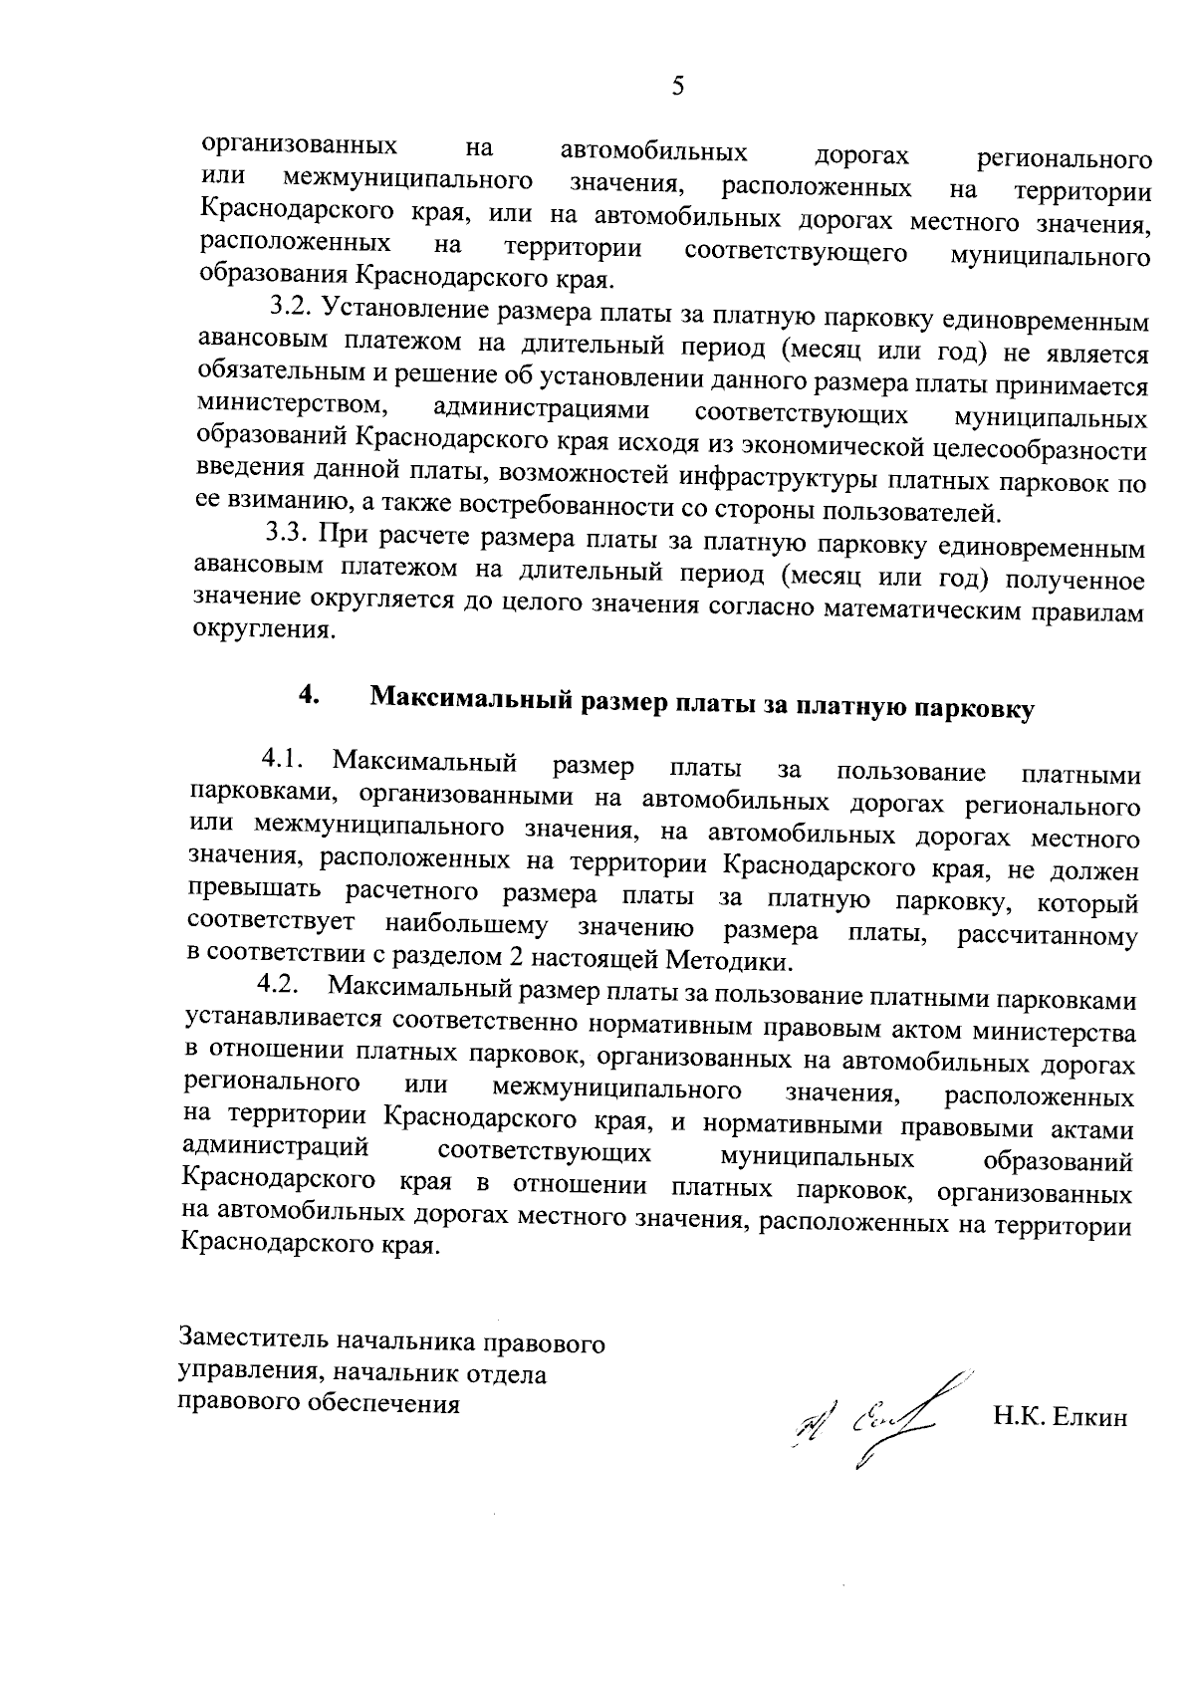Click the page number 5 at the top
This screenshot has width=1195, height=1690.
tap(678, 87)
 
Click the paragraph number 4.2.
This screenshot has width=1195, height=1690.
tap(279, 986)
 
